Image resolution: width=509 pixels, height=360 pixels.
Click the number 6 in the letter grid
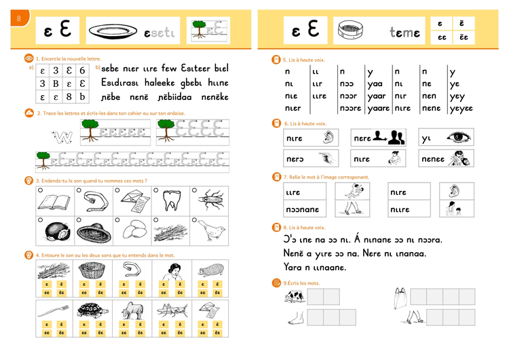[x=81, y=70]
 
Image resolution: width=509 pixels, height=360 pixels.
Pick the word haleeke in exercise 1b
[x=157, y=82]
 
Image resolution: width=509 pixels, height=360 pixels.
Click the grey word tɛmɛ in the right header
[x=404, y=33]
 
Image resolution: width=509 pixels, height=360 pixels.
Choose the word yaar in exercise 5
[x=376, y=96]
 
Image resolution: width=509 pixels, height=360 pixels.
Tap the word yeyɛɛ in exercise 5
[x=461, y=108]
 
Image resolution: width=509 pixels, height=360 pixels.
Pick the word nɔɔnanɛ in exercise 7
[x=303, y=210]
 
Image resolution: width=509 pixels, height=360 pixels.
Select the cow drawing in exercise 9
[x=294, y=297]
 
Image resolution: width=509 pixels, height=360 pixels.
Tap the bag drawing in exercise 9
[x=401, y=296]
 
